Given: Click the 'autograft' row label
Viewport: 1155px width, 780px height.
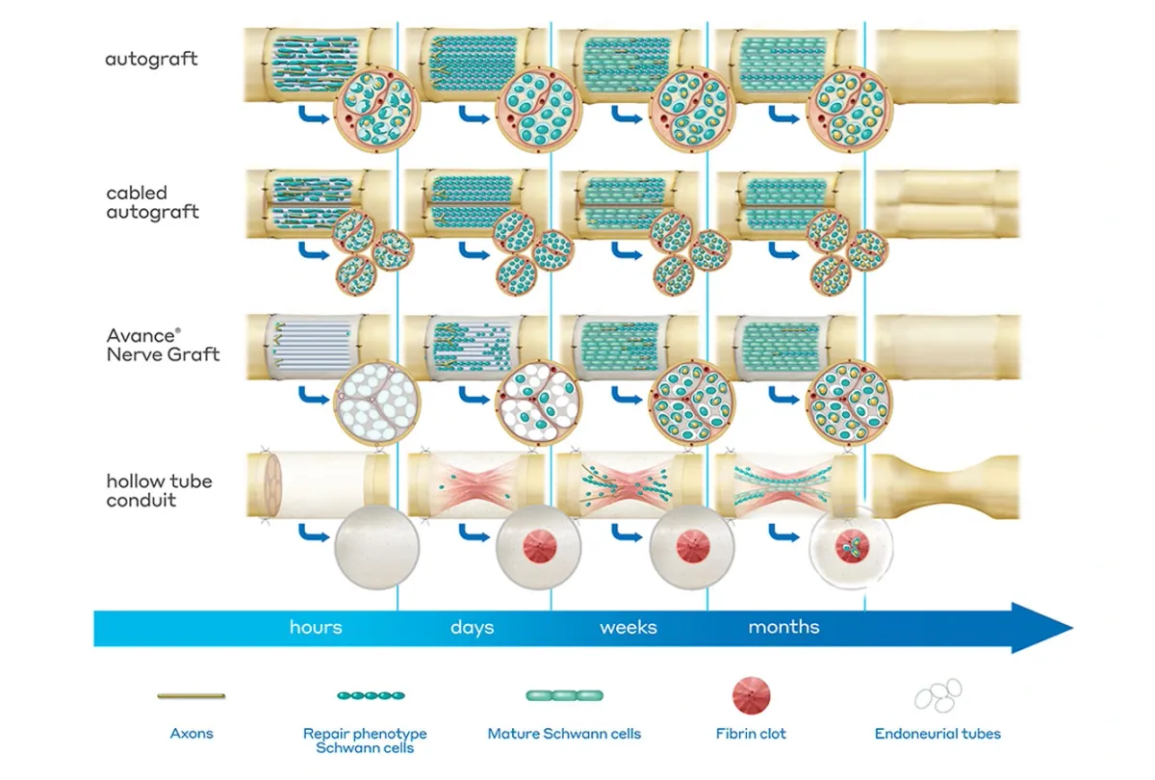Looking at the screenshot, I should [x=151, y=59].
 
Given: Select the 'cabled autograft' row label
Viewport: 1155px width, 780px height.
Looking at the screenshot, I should [x=152, y=202].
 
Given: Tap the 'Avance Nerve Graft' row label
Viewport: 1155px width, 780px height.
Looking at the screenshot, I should [x=163, y=345].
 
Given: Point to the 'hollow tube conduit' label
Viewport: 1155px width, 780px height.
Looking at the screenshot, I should [x=159, y=490].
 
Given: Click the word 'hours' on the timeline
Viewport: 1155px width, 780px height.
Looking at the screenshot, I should [x=316, y=627].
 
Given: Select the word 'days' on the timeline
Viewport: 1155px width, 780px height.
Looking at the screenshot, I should [x=472, y=627].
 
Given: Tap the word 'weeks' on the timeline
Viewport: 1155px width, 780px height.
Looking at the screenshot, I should [x=629, y=627].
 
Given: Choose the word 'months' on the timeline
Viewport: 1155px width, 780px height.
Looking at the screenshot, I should [x=783, y=627].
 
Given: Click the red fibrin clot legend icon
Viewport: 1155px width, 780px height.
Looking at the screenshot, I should [x=751, y=695].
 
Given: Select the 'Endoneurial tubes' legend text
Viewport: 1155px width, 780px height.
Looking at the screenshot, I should [x=937, y=734].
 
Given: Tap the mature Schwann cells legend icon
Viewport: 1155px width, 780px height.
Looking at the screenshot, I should [x=564, y=695].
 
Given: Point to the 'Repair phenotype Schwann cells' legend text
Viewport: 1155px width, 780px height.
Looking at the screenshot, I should [x=365, y=741].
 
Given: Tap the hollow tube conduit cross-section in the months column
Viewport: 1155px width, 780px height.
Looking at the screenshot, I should [x=850, y=549].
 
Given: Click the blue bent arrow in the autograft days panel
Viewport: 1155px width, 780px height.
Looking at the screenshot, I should [x=472, y=117].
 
